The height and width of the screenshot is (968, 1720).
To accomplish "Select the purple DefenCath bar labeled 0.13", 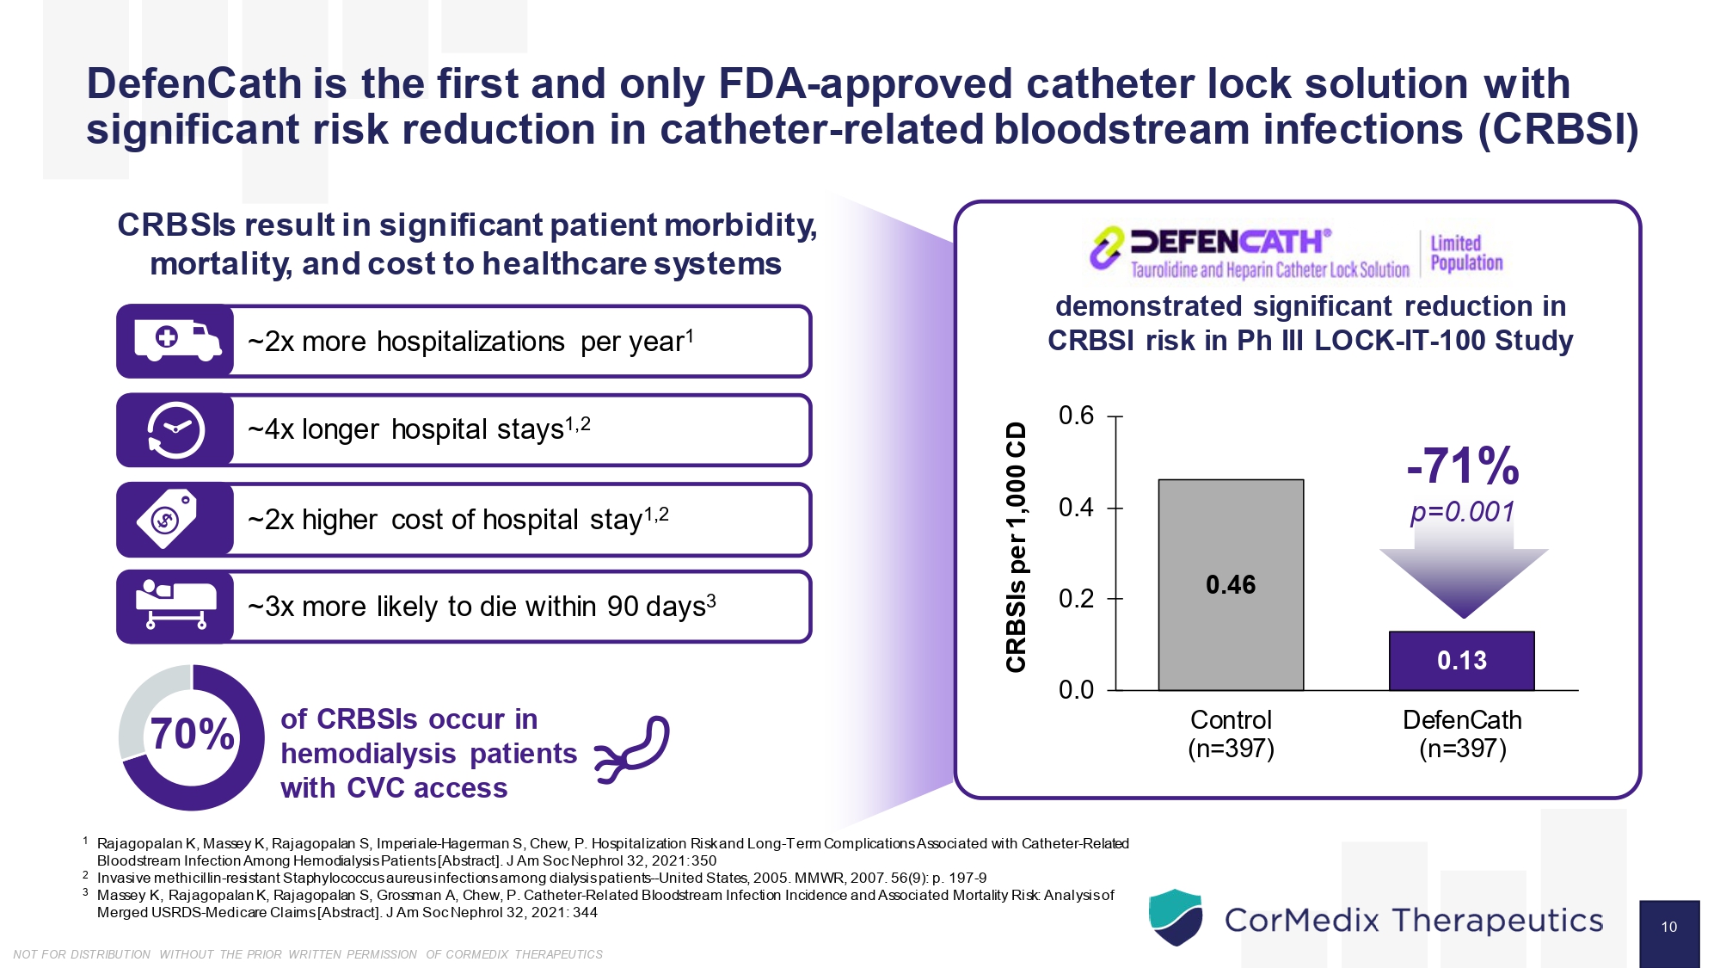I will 1461,661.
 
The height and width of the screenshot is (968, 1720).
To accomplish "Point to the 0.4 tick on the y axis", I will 1076,508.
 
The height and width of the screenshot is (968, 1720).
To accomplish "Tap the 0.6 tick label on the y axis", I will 1076,416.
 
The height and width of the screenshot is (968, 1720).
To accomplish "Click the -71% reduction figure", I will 1462,466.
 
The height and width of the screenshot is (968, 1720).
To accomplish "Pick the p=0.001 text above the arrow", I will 1462,512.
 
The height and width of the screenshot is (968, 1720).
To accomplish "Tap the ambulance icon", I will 176,341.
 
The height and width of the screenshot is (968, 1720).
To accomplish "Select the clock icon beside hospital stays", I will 176,429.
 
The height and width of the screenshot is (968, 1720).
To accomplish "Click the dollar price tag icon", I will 168,518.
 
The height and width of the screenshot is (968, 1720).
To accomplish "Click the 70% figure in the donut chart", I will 192,735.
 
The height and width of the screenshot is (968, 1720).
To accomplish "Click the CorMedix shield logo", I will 1175,917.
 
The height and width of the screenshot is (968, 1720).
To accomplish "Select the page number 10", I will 1668,928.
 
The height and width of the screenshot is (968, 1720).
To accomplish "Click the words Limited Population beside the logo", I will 1465,253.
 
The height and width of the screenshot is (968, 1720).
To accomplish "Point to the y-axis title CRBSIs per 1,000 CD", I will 1017,547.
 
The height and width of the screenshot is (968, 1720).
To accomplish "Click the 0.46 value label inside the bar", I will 1231,585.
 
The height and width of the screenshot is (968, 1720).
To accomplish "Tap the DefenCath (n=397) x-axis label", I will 1462,734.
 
